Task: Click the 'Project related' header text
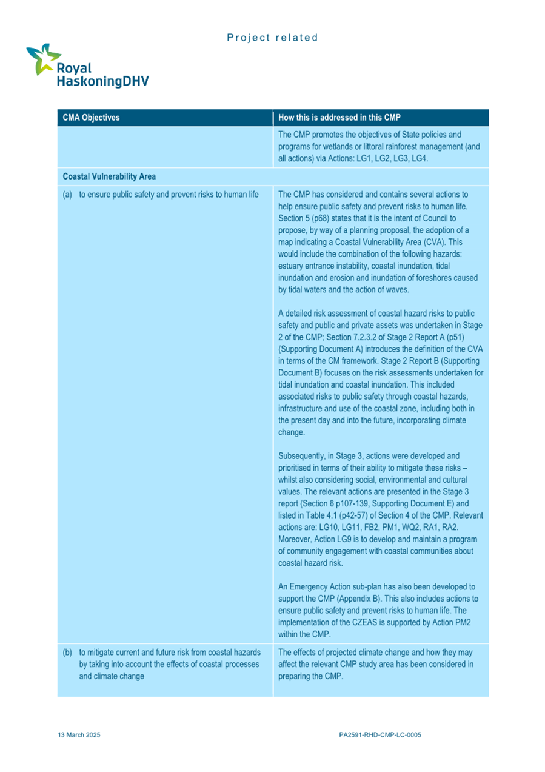(x=272, y=38)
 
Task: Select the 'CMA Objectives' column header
(x=91, y=118)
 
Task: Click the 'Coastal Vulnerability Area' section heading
(x=109, y=176)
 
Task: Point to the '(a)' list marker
(x=67, y=195)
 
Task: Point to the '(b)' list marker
(x=67, y=653)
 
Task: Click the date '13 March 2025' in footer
(x=79, y=734)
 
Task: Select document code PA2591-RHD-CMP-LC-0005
(x=380, y=734)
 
